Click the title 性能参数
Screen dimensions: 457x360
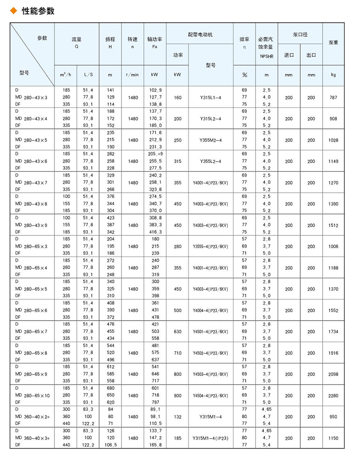(x=38, y=11)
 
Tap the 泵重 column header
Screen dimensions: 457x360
(x=333, y=43)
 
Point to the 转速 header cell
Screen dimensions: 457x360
(x=133, y=40)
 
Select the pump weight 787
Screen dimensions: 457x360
(x=333, y=97)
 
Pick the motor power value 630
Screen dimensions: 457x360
(x=178, y=331)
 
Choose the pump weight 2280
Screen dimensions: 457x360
(x=333, y=395)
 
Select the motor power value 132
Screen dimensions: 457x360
(x=178, y=417)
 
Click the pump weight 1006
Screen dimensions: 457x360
(x=333, y=246)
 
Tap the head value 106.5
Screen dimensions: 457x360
(x=110, y=445)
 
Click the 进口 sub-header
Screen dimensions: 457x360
(x=289, y=55)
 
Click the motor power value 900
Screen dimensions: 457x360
(x=178, y=395)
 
